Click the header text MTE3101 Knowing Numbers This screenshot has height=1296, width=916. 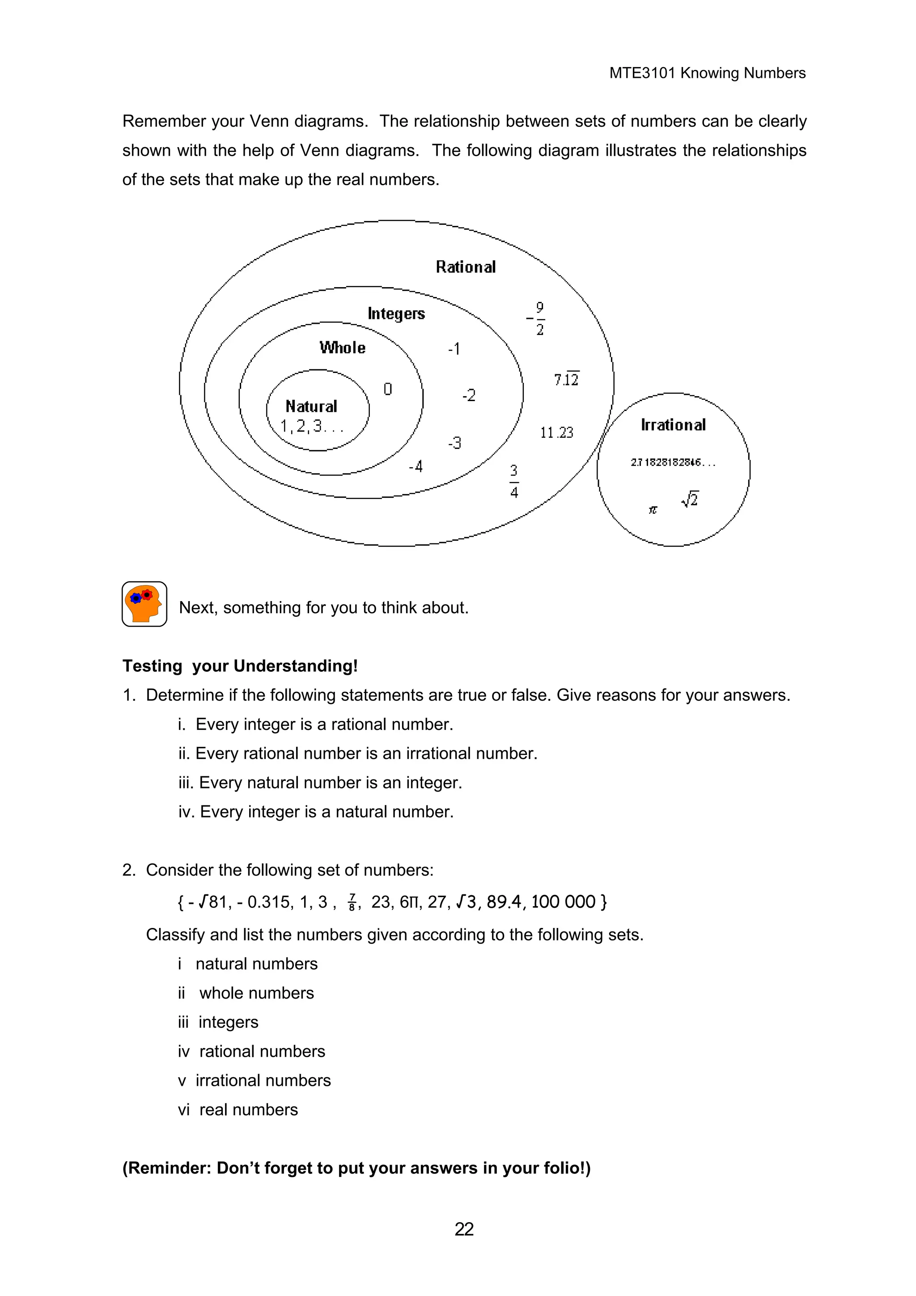click(707, 73)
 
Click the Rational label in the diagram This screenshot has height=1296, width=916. click(465, 267)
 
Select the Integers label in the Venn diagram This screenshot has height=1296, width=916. click(396, 313)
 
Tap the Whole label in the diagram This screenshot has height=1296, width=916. click(342, 348)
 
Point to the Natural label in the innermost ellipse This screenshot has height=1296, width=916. click(311, 407)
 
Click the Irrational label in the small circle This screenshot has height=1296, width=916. click(673, 425)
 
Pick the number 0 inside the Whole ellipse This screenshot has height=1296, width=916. click(387, 389)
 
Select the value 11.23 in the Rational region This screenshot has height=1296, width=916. click(556, 433)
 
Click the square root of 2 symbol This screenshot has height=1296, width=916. click(690, 499)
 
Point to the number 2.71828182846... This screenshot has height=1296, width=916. click(672, 463)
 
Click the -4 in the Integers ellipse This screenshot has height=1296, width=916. click(416, 467)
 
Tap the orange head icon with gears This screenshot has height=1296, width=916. click(144, 604)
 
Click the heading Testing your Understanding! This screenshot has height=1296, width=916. click(240, 666)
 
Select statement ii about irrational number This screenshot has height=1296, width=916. click(358, 754)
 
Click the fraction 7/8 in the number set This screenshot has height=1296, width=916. click(352, 902)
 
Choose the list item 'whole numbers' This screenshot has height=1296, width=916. click(256, 993)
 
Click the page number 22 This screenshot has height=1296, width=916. click(464, 1229)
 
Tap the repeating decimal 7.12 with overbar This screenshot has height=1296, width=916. click(566, 379)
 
